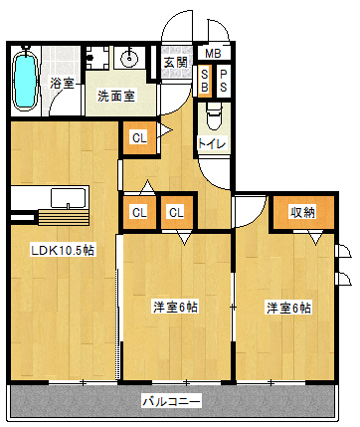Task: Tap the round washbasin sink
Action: tap(129, 59)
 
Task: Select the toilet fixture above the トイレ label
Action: tap(214, 115)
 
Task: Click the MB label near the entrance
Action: tap(213, 54)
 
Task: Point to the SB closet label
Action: tap(205, 82)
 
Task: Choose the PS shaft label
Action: tap(224, 82)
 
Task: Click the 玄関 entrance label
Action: tap(176, 62)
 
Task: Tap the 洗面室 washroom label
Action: tap(116, 97)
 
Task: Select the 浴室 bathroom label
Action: tap(62, 83)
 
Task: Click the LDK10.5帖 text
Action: tap(63, 250)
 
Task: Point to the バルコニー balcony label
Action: tap(171, 402)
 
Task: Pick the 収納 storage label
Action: tap(302, 212)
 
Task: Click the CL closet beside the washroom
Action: tap(139, 138)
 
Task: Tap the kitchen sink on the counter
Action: tap(69, 198)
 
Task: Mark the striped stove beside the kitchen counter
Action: tap(64, 217)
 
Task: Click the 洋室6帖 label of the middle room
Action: tap(175, 307)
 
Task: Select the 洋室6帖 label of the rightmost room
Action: tap(289, 309)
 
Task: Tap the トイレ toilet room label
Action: tap(212, 143)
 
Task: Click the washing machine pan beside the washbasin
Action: tap(97, 58)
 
